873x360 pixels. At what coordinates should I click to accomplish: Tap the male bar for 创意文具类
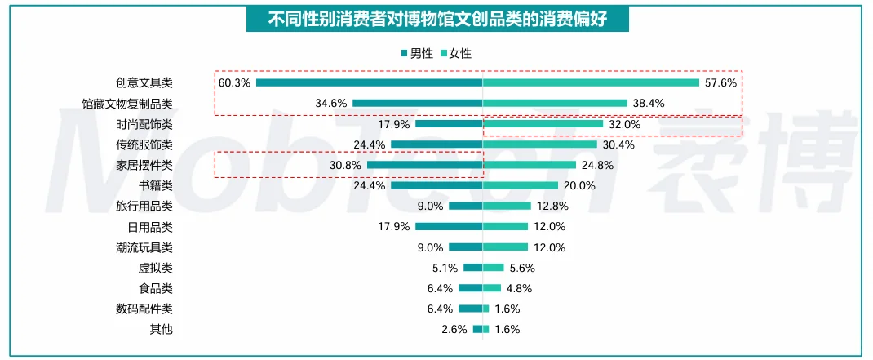click(369, 82)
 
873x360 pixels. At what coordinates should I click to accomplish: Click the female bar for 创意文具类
click(591, 82)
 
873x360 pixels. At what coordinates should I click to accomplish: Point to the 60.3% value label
click(234, 82)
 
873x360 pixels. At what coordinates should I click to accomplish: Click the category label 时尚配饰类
click(144, 124)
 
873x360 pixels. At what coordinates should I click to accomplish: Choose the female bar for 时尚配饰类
click(543, 124)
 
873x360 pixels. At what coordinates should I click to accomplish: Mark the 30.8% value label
click(345, 165)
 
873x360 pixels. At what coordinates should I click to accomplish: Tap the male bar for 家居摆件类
click(424, 165)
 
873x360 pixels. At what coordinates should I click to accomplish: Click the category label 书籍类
click(155, 185)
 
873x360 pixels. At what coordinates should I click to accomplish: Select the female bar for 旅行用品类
click(507, 206)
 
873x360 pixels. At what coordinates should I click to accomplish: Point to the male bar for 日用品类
click(449, 226)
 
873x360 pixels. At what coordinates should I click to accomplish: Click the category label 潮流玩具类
click(144, 247)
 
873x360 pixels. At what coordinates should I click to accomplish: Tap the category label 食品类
click(155, 288)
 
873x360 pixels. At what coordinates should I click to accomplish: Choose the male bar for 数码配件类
click(470, 309)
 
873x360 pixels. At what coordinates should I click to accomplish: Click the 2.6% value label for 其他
click(454, 329)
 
